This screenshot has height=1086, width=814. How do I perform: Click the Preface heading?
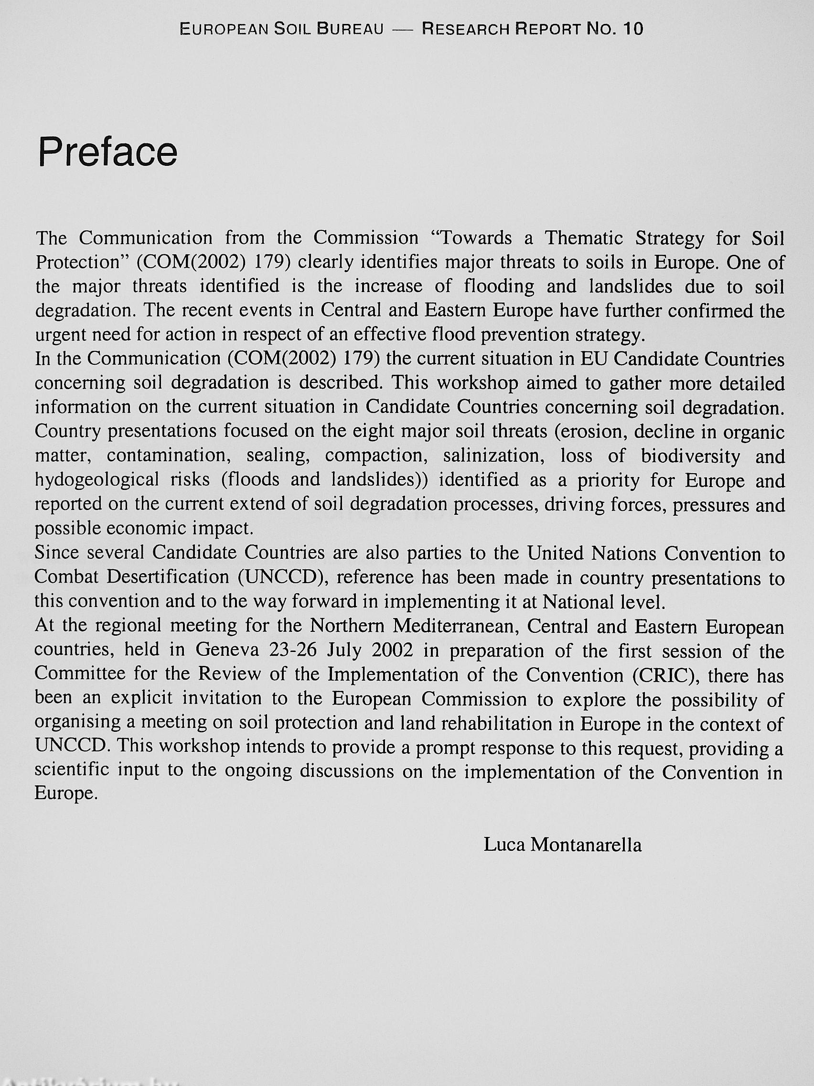108,152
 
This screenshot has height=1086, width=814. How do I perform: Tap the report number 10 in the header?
633,30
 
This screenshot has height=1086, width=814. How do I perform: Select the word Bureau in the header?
350,30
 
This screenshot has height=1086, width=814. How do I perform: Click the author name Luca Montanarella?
562,845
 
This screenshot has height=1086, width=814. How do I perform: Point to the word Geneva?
227,651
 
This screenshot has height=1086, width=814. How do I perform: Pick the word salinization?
496,456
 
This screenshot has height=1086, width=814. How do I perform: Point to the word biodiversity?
690,456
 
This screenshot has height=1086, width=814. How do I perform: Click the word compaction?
374,456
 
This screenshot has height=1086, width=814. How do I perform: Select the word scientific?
72,771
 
